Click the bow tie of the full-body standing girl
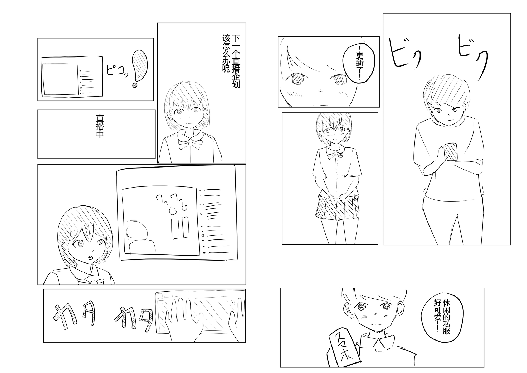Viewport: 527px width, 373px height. (335, 155)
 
